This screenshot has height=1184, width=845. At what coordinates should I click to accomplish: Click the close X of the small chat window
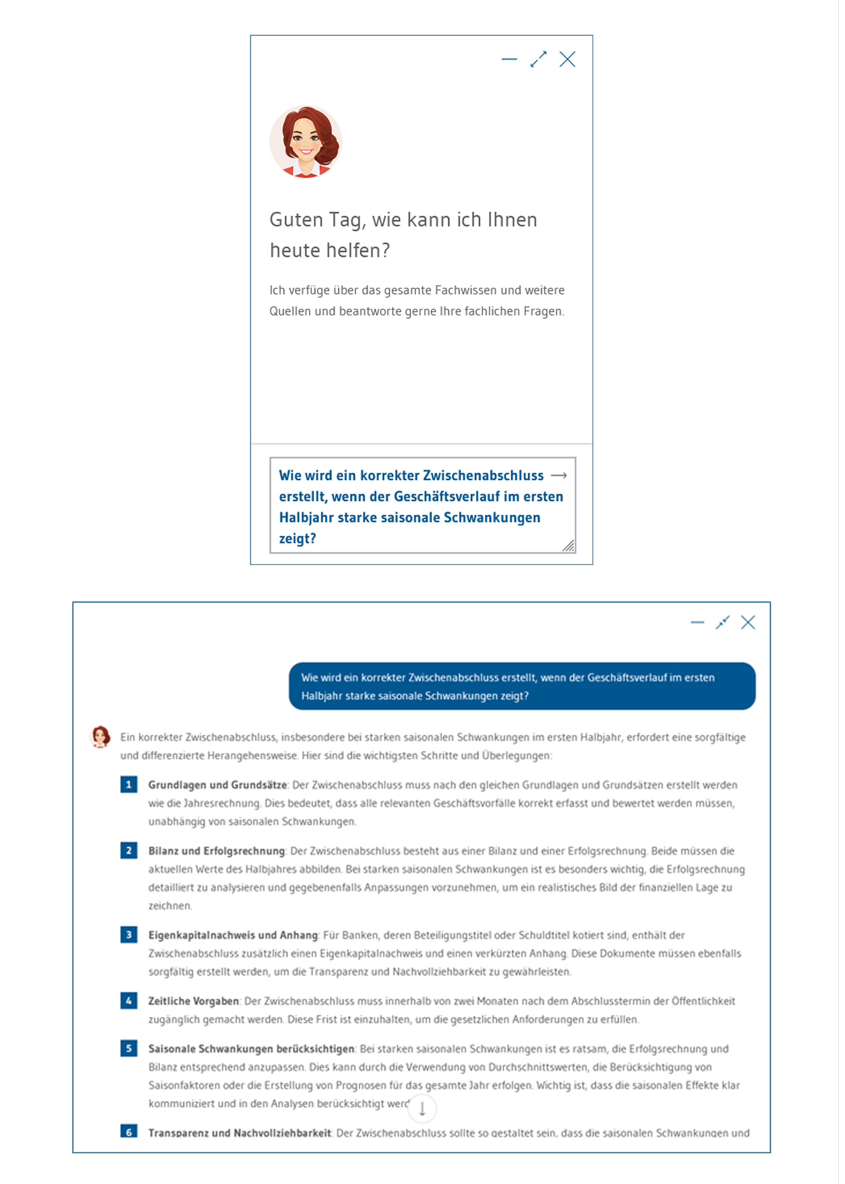click(x=567, y=59)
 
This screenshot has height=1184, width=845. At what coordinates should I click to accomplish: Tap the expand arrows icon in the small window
click(x=538, y=59)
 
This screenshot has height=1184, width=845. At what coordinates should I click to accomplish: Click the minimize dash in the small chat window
click(x=509, y=59)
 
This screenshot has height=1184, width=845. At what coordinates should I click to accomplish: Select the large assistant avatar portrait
click(x=306, y=142)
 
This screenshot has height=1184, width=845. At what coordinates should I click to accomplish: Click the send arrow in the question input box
click(x=558, y=475)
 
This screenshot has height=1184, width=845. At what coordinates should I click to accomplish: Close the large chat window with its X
click(x=748, y=622)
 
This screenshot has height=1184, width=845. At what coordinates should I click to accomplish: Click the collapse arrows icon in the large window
click(x=722, y=622)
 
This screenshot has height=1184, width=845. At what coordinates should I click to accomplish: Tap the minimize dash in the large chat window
click(x=697, y=622)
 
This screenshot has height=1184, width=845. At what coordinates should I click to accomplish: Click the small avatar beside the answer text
click(x=100, y=737)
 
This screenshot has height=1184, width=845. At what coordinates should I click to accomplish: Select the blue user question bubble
click(x=522, y=686)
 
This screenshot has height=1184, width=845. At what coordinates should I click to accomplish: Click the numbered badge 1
click(x=128, y=784)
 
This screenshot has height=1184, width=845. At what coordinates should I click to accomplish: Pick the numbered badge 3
click(x=128, y=935)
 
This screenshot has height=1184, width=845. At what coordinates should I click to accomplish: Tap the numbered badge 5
click(x=128, y=1048)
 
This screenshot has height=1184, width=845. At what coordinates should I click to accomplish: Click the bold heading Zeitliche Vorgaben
click(x=193, y=1001)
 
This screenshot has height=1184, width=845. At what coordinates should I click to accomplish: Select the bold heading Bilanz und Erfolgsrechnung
click(x=216, y=851)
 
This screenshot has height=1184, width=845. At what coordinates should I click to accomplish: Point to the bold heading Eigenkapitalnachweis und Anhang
click(x=233, y=935)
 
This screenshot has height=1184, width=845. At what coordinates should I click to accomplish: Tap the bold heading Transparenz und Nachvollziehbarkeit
click(x=239, y=1133)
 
